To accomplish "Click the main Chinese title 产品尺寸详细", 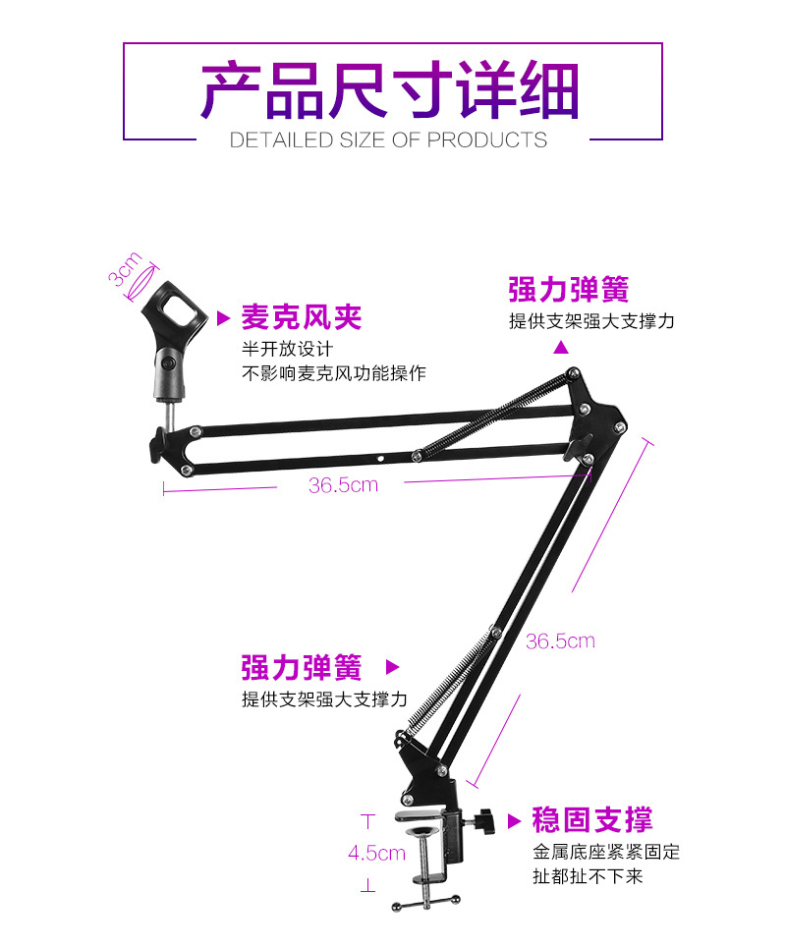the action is coord(390,91).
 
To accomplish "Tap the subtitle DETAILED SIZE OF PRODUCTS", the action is coord(388,139).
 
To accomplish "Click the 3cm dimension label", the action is coord(126,269).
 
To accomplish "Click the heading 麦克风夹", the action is coord(302,316).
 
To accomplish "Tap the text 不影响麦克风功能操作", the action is coord(334,373).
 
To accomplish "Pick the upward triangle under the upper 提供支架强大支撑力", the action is coord(561,347).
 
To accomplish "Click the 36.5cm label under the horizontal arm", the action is coord(343,484).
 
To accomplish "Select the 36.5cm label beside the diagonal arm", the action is coord(560,641).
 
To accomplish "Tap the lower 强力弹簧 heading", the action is coord(302,668).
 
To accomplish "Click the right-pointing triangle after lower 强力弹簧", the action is coord(392,667).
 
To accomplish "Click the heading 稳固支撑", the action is coord(591,819).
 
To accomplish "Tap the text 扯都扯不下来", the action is coord(588,875).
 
